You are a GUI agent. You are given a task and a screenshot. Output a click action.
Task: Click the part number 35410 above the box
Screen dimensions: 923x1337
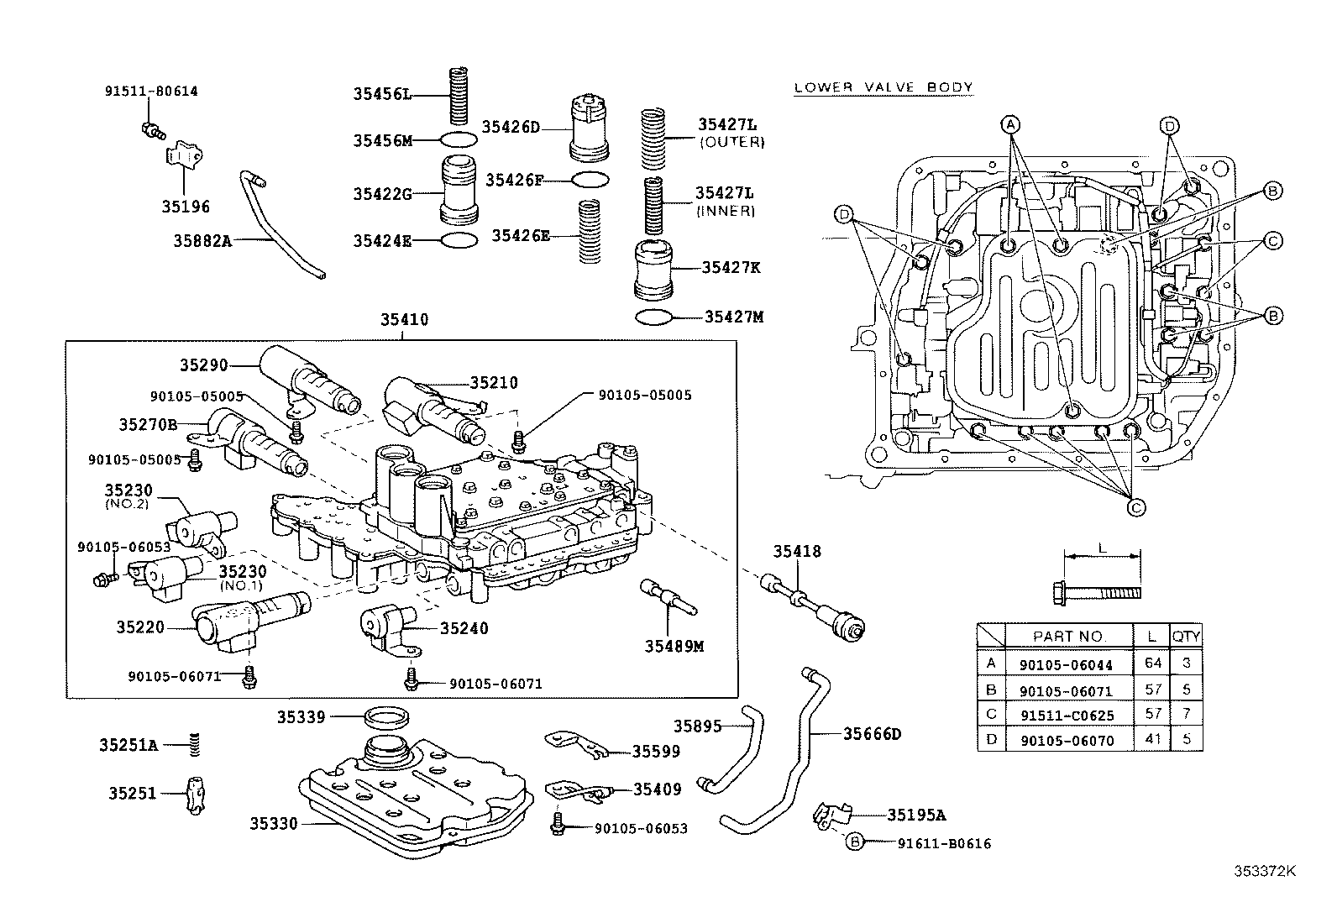404,320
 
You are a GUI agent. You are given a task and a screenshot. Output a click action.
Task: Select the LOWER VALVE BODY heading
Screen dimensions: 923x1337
883,87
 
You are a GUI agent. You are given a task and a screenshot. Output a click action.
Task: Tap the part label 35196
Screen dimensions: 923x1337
186,207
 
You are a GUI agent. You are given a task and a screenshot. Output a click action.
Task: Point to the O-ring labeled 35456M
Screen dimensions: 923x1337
458,139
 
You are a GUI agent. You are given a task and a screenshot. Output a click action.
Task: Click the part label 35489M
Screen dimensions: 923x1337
674,646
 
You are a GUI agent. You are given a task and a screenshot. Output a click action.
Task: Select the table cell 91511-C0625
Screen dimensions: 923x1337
1065,716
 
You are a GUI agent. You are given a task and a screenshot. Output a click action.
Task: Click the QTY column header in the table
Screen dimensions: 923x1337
1186,636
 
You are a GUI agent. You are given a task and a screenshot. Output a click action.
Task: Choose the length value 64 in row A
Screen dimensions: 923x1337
1152,663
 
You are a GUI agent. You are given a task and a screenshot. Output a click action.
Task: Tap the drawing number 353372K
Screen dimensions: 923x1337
1265,871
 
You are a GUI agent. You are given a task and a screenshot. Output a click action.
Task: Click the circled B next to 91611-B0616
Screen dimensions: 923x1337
854,842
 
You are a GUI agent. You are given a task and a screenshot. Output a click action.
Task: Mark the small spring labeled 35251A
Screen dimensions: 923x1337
195,743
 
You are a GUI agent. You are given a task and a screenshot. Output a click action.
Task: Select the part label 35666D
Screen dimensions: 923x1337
872,734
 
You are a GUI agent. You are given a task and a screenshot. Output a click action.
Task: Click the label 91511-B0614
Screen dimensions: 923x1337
151,92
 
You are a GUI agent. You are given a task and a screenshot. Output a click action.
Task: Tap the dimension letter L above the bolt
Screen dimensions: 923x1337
1102,547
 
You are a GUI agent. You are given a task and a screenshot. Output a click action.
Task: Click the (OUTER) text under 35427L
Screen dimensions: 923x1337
731,143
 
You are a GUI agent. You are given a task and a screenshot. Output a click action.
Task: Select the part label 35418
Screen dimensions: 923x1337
797,552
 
